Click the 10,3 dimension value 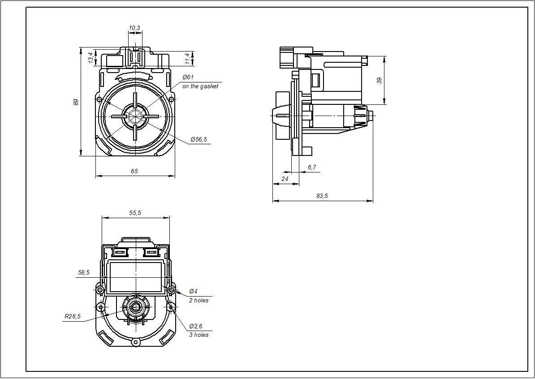[x=134, y=28]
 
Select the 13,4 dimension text [x=91, y=57]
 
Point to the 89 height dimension [x=76, y=102]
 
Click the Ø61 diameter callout [x=188, y=78]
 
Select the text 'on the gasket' [x=200, y=86]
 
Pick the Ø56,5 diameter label [x=198, y=139]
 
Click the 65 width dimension [x=134, y=171]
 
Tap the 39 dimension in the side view [x=380, y=81]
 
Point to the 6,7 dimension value [x=312, y=168]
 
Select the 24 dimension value [x=285, y=178]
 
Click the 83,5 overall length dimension [x=322, y=196]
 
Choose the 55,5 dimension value [x=135, y=213]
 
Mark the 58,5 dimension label [x=84, y=272]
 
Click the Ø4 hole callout [x=193, y=291]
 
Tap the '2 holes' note [x=198, y=300]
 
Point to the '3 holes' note [x=198, y=335]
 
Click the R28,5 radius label [x=73, y=316]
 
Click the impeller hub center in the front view [x=135, y=116]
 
